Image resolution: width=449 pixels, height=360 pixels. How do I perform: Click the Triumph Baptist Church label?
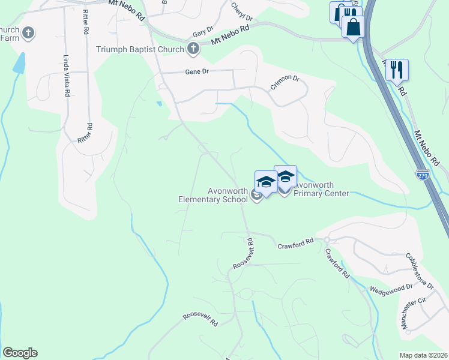tap(142, 49)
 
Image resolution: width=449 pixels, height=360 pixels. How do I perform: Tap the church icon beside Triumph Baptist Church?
tap(193, 49)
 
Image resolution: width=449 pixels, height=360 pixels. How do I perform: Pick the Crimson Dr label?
tap(285, 82)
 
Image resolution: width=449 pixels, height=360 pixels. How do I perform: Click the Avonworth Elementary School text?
tap(212, 196)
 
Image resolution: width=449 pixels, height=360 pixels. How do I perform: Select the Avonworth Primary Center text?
tap(321, 190)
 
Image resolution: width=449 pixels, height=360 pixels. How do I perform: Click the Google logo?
tap(20, 353)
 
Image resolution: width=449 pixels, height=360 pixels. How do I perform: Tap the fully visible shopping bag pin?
tap(353, 26)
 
